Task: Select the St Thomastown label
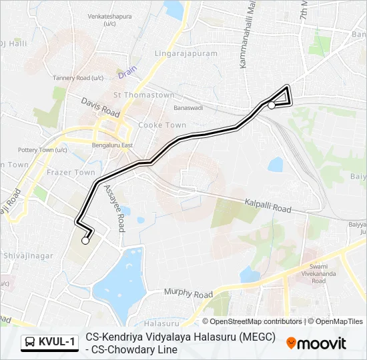coord(144,95)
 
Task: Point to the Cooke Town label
coord(162,125)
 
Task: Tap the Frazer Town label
coord(75,173)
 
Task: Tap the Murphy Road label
coord(190,294)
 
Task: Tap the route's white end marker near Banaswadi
coord(272,105)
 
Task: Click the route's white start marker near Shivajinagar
coord(85,241)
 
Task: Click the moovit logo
coord(316,343)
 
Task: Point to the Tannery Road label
coord(79,78)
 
